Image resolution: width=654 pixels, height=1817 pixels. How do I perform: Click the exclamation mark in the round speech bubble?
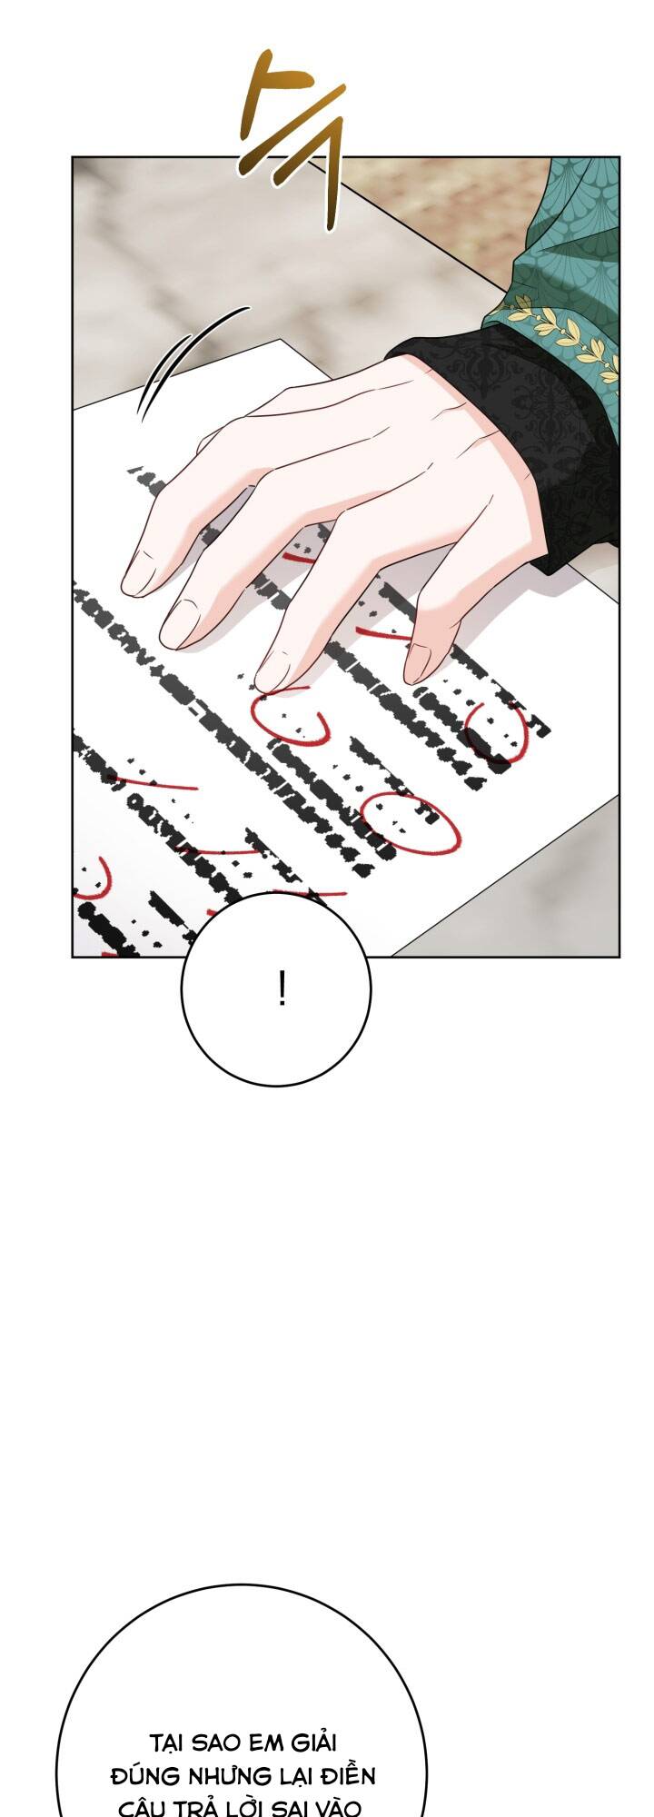click(282, 988)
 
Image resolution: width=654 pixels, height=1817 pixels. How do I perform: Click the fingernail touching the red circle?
click(273, 672)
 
